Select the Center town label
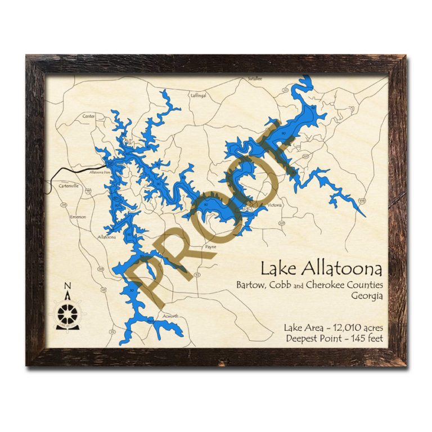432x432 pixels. coord(89,116)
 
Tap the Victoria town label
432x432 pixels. coord(274,205)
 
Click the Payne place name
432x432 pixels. coord(211,246)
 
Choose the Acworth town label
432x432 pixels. coord(170,316)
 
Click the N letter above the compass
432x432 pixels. coord(67,285)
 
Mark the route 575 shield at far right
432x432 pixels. coord(362,200)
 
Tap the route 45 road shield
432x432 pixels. coord(103,290)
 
